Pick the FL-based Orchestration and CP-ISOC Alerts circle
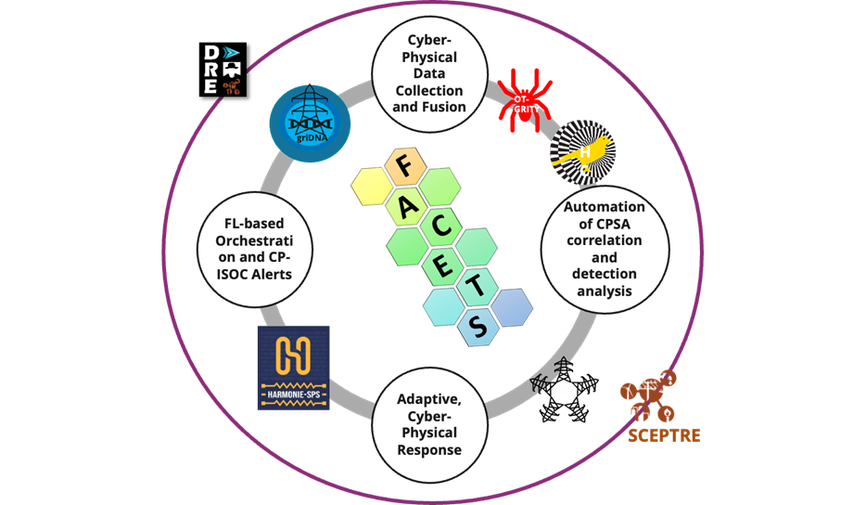tap(256, 248)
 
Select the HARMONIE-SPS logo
tap(294, 368)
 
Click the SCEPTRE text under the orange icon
tap(661, 434)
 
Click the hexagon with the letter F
tap(402, 169)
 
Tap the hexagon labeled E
tap(446, 263)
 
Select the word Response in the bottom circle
tap(428, 450)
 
